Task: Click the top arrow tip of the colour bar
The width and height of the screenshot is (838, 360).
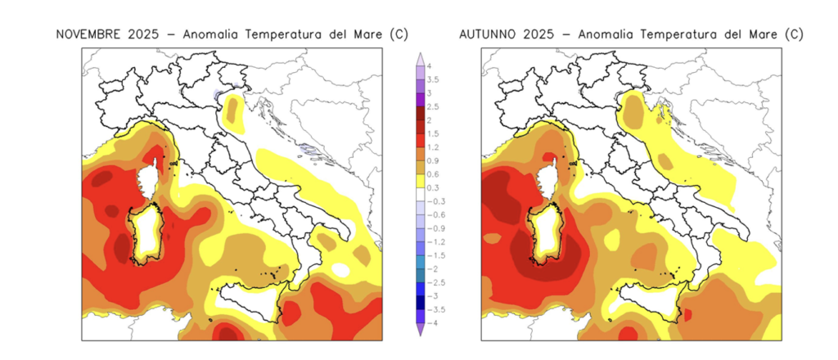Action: pos(420,55)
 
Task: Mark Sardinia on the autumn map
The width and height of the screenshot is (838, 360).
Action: pos(545,233)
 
